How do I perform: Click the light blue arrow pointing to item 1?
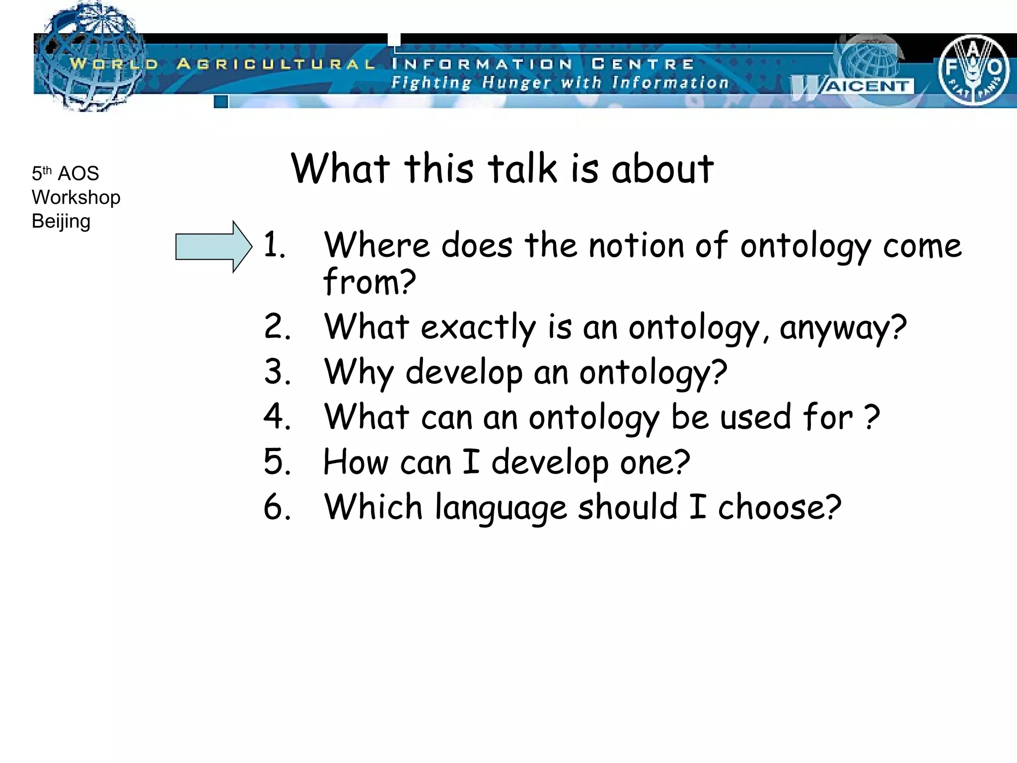click(214, 247)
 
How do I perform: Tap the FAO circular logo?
click(973, 70)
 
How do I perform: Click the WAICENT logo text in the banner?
click(867, 86)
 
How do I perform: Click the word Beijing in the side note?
click(61, 222)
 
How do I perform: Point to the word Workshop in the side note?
click(76, 198)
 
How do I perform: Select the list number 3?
click(277, 372)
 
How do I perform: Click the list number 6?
click(277, 507)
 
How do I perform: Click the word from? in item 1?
click(369, 282)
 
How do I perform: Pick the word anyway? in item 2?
click(843, 328)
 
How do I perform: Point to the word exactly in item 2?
click(478, 328)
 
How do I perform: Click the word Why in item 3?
click(359, 373)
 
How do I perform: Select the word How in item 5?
click(355, 462)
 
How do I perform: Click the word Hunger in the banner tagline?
click(516, 82)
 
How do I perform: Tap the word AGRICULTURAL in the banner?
click(276, 64)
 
